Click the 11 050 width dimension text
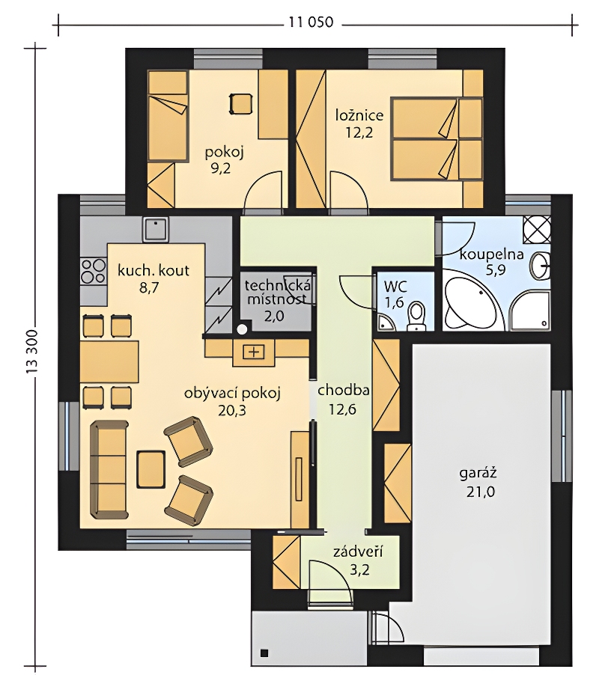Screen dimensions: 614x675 tap(311, 22)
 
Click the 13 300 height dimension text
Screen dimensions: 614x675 tap(34, 352)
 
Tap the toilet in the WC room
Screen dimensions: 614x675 tap(416, 316)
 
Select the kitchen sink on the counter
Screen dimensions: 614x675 tap(156, 229)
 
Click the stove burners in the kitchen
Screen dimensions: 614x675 tap(94, 271)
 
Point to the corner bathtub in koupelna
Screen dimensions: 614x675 tap(469, 304)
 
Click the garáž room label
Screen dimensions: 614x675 tap(478, 473)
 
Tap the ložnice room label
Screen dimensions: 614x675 tap(359, 115)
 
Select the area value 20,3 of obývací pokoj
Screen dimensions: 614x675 tap(232, 411)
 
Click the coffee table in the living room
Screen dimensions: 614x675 tap(151, 469)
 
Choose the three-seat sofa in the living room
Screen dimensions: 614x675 tap(109, 469)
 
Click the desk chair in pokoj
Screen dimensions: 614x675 tap(240, 104)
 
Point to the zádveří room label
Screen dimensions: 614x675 tap(358, 551)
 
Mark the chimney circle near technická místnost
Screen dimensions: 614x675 tap(243, 329)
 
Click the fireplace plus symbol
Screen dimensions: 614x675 tap(254, 352)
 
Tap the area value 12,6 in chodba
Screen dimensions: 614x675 tap(342, 409)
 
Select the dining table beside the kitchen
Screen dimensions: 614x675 tap(109, 359)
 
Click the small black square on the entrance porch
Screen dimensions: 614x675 tap(264, 653)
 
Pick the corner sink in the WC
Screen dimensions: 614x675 tap(385, 323)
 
